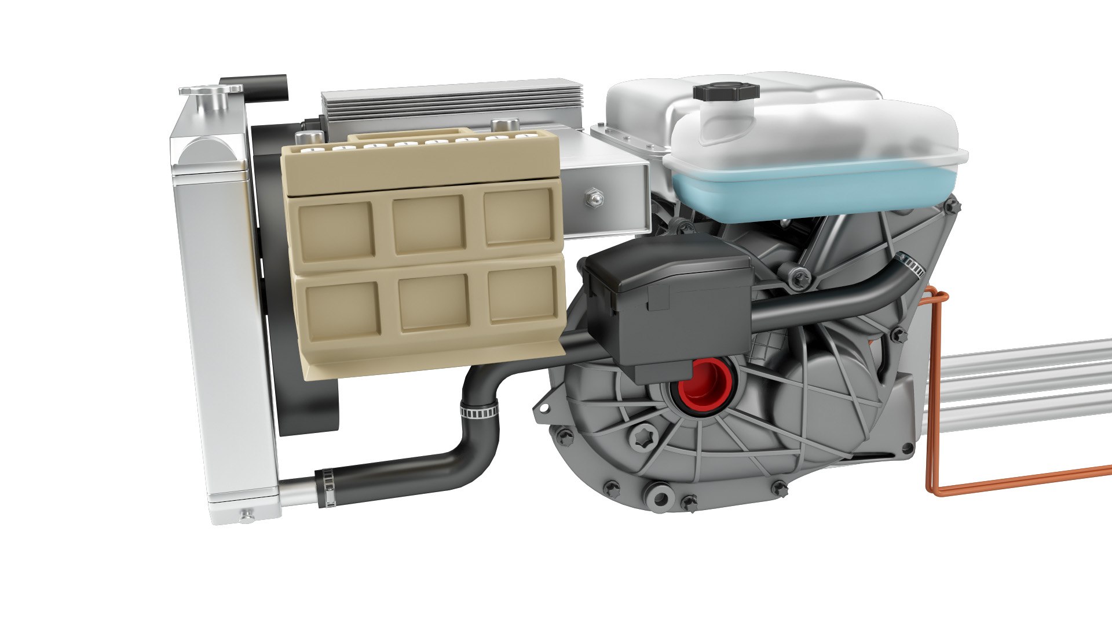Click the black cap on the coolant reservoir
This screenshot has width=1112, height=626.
pyautogui.click(x=726, y=92)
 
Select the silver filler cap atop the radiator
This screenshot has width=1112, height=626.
pyautogui.click(x=210, y=93)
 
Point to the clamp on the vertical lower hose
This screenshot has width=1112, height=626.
pyautogui.click(x=479, y=410)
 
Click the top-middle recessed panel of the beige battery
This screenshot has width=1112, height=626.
pyautogui.click(x=429, y=224)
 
